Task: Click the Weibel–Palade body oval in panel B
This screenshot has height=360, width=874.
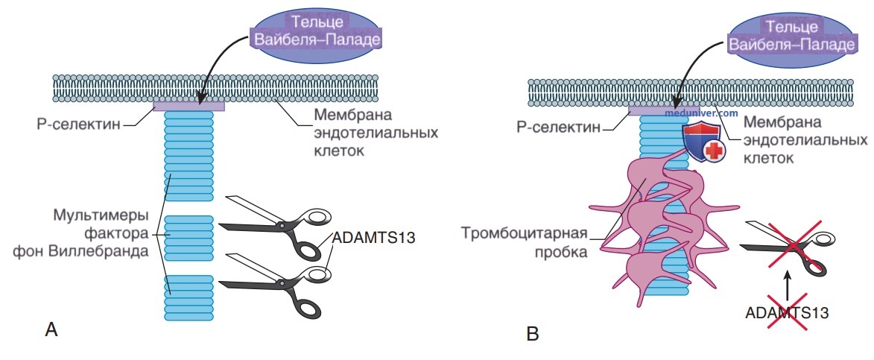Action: tap(792, 34)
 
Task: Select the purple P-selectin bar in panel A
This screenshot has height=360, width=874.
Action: tap(189, 106)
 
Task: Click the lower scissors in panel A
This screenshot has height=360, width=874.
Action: tap(276, 283)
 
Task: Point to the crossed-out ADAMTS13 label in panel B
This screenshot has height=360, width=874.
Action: tap(787, 312)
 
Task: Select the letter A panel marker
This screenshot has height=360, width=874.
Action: tap(51, 329)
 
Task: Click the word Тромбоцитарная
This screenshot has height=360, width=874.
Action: tap(525, 233)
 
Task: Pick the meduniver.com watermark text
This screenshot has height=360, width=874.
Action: tap(702, 113)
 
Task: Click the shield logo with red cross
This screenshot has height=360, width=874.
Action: tap(702, 143)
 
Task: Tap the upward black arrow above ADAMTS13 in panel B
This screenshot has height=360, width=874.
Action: tap(787, 287)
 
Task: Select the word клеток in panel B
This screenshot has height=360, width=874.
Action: tap(768, 158)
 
